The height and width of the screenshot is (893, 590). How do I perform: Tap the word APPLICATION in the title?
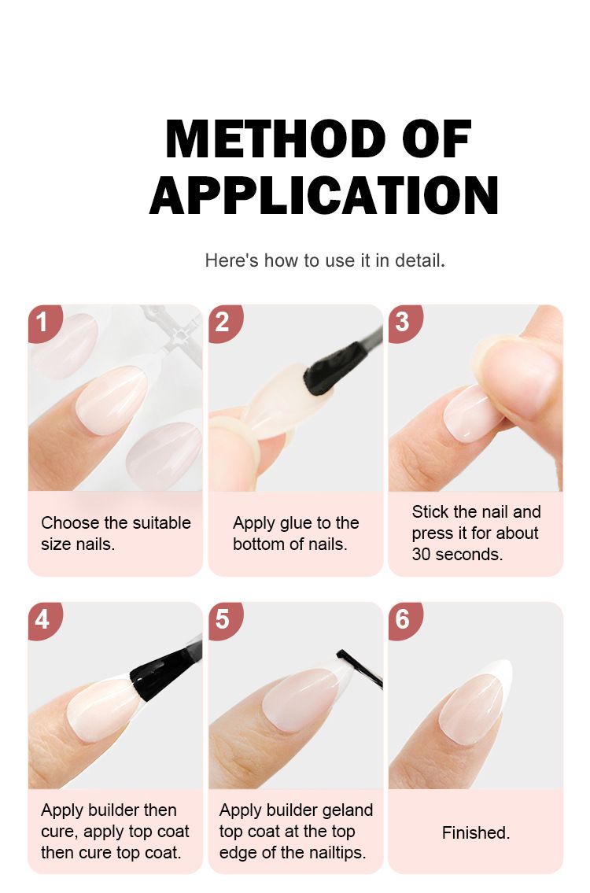click(x=324, y=194)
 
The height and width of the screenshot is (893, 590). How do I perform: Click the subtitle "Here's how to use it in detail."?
click(x=325, y=261)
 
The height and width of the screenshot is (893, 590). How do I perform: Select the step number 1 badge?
click(x=43, y=323)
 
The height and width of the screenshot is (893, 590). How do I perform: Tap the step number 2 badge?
click(x=224, y=323)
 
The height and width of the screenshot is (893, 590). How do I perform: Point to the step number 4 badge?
click(x=43, y=620)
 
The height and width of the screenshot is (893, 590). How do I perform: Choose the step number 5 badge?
click(x=224, y=620)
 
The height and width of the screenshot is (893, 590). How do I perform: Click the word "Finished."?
click(x=475, y=832)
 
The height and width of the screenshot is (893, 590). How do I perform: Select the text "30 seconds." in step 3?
click(x=457, y=554)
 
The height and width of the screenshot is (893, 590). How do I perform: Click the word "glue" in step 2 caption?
click(x=295, y=522)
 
